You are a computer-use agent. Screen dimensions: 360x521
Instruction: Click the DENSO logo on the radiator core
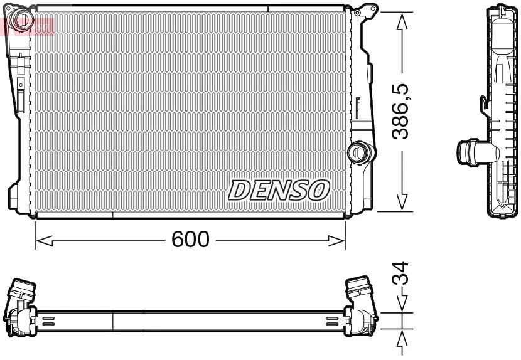click(x=279, y=189)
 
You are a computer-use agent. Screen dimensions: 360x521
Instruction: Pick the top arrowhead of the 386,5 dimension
click(x=402, y=20)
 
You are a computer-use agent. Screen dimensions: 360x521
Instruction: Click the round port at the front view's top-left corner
click(x=23, y=19)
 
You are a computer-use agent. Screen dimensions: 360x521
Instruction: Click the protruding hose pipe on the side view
click(x=468, y=152)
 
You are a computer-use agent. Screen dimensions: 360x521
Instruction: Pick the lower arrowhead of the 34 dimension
click(x=402, y=337)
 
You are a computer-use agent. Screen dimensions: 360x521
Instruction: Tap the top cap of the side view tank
click(x=503, y=9)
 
